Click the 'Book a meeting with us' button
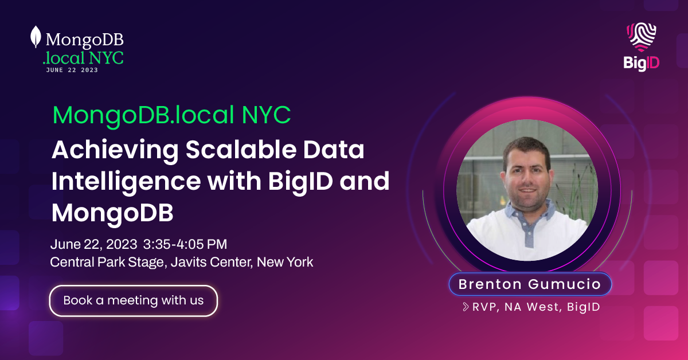[x=134, y=300]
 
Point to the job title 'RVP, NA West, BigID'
[x=535, y=307]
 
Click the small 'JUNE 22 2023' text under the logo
[x=72, y=70]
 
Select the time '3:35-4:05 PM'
[x=185, y=244]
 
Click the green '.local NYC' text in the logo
[x=83, y=57]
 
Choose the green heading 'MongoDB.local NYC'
[x=171, y=116]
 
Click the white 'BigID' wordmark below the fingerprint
[x=642, y=63]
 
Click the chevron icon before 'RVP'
[x=466, y=307]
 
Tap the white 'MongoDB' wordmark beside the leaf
[x=84, y=39]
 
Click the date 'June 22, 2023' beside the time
[x=93, y=244]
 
